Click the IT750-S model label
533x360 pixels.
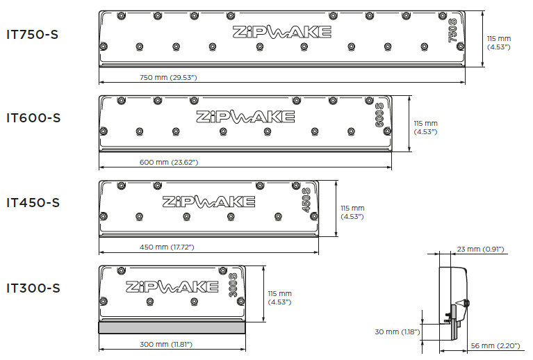(32, 34)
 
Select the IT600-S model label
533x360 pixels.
(33, 118)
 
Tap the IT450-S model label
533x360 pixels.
(33, 203)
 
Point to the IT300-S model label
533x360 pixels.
(33, 288)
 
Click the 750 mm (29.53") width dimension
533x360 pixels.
(168, 78)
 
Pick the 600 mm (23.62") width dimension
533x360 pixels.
(169, 162)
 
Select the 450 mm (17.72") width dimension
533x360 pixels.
(167, 247)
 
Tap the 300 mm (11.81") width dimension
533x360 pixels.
(166, 344)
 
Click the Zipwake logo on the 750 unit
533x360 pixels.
(282, 32)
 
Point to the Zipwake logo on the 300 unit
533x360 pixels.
(172, 286)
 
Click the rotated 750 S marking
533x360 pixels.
(452, 31)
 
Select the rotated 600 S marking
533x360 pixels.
(379, 115)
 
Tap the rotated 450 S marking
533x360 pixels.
(306, 200)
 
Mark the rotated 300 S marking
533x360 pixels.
(233, 285)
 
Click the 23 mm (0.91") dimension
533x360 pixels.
(480, 249)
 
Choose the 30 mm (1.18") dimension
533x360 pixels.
(397, 332)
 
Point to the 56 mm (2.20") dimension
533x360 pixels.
(495, 345)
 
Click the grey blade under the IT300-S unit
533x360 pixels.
(172, 328)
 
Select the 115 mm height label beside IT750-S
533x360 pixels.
(499, 43)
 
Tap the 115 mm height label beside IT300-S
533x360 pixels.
(279, 297)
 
